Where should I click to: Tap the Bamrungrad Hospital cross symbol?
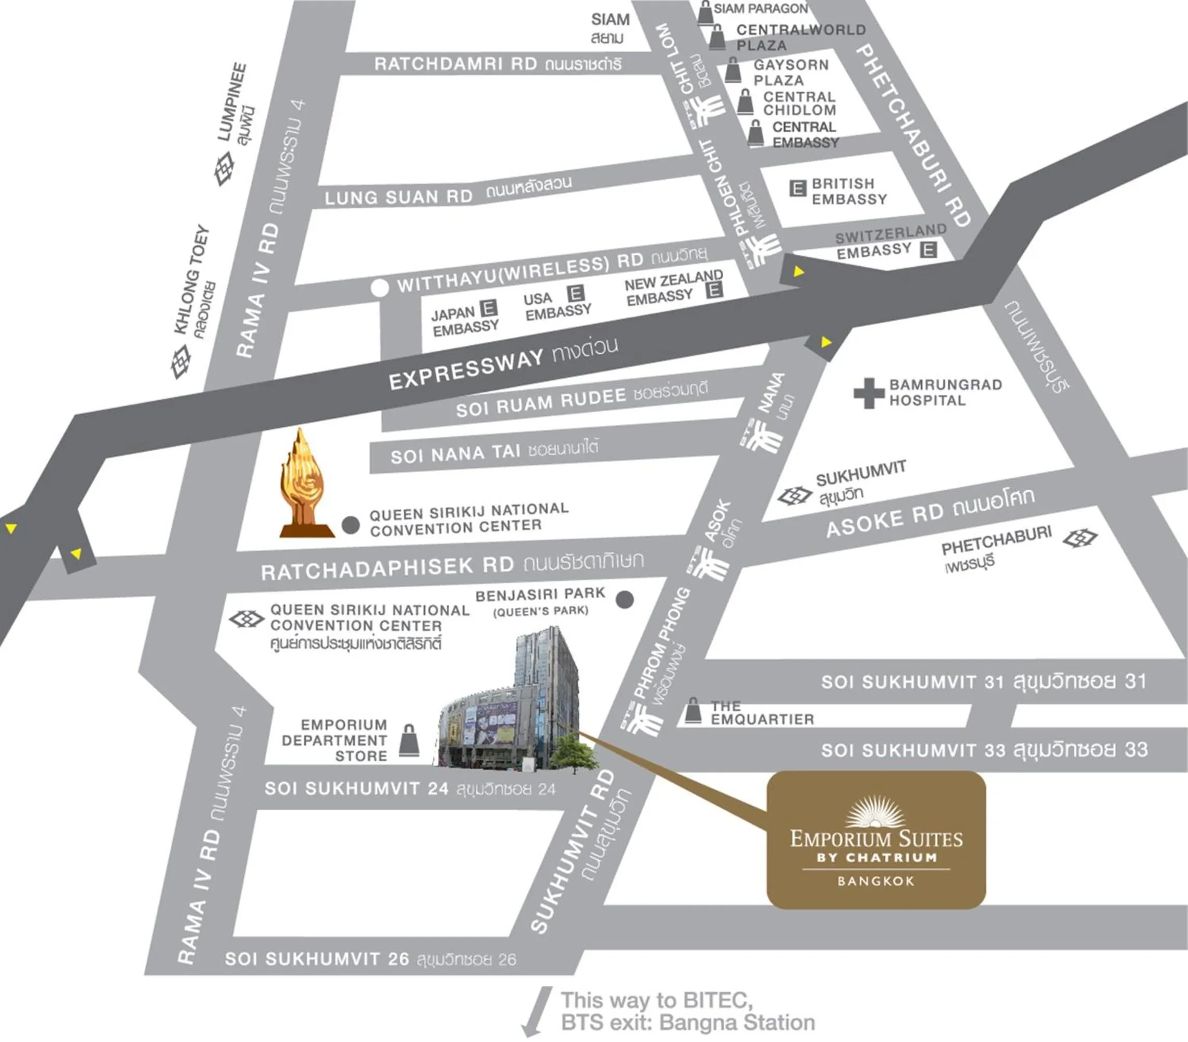(x=868, y=393)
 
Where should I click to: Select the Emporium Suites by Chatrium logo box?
(x=876, y=840)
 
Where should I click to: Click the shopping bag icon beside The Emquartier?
(x=693, y=711)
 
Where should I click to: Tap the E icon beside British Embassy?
(x=797, y=188)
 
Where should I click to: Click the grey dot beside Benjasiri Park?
(x=625, y=599)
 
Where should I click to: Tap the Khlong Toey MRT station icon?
(x=181, y=362)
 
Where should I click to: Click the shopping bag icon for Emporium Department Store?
(x=409, y=740)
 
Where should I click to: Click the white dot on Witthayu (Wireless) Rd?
(x=379, y=288)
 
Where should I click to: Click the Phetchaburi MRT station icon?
(x=1080, y=538)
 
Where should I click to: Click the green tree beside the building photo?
(x=574, y=754)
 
